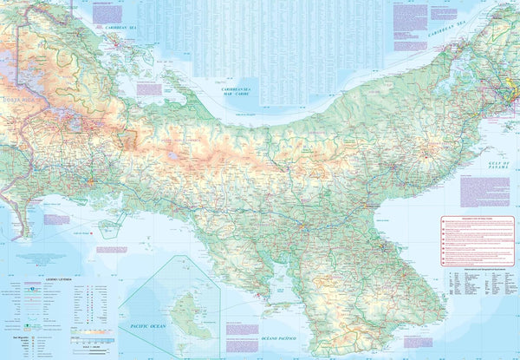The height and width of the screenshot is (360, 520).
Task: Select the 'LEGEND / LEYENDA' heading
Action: [35, 280]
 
